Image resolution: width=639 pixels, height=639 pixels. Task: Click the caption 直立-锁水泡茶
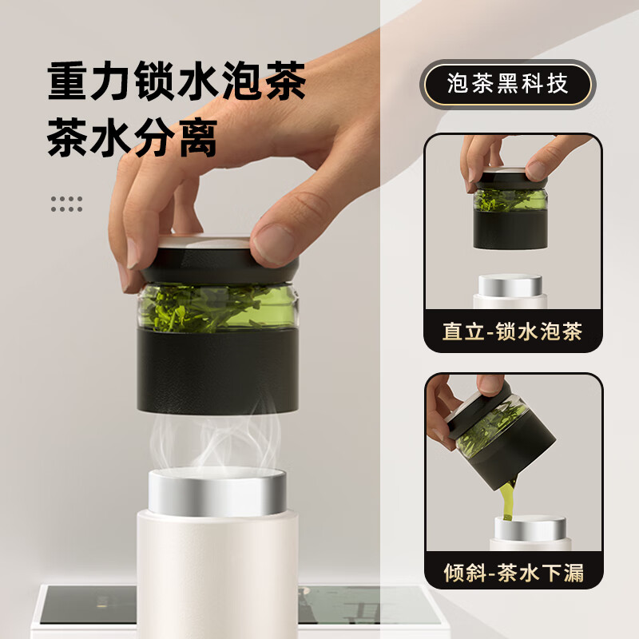tap(513, 331)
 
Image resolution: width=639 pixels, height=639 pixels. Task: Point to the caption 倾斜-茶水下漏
tap(513, 572)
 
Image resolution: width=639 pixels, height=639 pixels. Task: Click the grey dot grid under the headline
tap(66, 204)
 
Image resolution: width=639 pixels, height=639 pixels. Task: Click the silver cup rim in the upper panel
tap(509, 286)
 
